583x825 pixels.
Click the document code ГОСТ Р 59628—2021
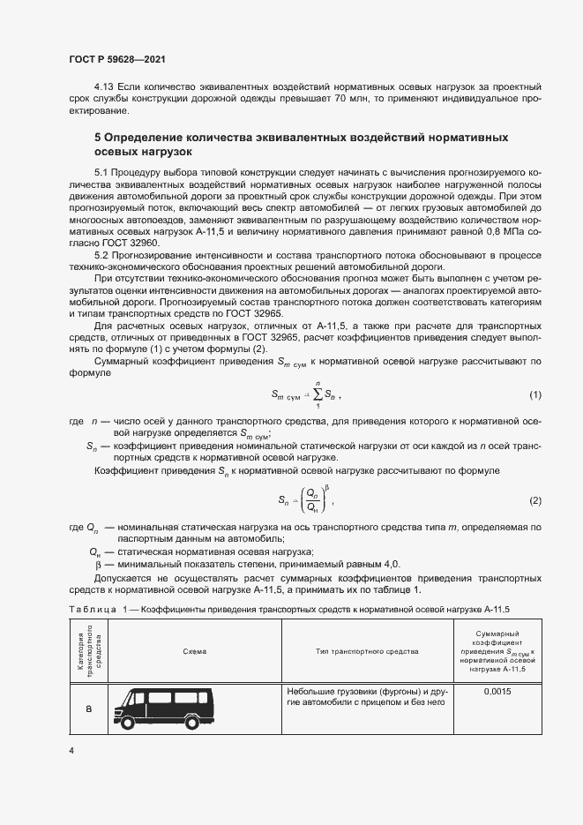click(x=116, y=58)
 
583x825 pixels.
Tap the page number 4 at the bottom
click(x=71, y=750)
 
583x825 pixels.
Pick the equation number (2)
click(x=534, y=501)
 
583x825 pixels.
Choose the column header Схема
click(x=195, y=651)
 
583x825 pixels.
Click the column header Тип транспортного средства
click(x=366, y=651)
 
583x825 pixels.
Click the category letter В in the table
click(x=89, y=709)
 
